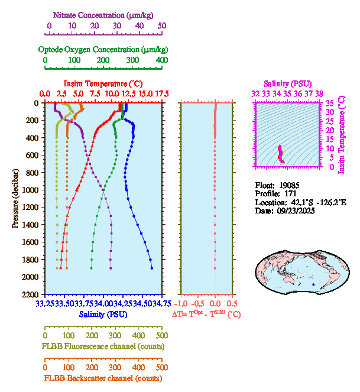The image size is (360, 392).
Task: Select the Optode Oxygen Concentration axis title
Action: point(103,49)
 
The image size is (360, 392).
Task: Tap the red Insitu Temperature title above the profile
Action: point(103,84)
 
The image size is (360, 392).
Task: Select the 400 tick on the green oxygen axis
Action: point(161,60)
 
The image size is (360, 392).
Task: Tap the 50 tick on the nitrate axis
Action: point(162,25)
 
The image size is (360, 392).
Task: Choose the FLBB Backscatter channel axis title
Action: point(102,378)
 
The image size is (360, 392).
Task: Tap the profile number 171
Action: point(288,193)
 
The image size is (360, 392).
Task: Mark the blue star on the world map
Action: point(313,284)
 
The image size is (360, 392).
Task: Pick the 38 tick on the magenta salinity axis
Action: point(319,93)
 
